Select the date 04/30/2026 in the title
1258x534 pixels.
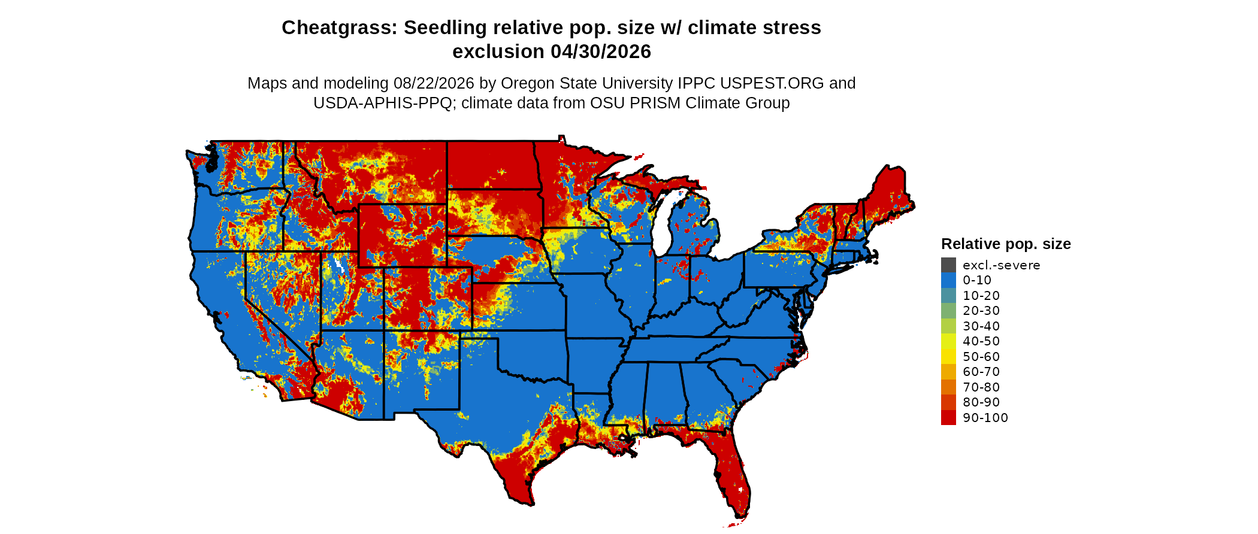601,51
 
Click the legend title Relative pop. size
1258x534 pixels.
1006,244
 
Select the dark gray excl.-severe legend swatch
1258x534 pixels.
948,265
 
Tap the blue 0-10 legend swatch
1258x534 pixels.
948,280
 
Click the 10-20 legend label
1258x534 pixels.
981,296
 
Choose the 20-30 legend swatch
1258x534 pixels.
948,311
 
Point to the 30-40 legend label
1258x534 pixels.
981,326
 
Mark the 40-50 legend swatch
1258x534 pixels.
948,341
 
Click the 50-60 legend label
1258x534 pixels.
981,357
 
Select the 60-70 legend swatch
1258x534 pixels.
948,372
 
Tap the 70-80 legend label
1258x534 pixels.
981,387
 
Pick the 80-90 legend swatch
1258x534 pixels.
948,402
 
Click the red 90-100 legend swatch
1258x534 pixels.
948,418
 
